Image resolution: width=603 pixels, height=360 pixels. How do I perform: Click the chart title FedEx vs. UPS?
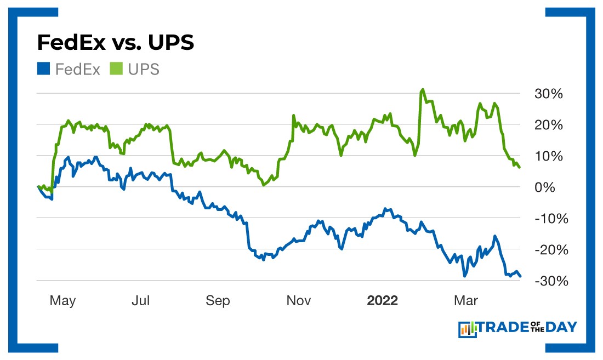point(115,42)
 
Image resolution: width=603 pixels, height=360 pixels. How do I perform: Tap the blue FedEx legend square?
point(43,69)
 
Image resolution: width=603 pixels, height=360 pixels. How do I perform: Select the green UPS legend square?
point(116,69)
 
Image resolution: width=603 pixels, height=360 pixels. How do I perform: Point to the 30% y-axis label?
point(549,94)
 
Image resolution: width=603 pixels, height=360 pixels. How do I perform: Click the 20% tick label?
point(549,125)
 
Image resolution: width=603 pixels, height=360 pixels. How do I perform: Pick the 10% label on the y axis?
point(549,156)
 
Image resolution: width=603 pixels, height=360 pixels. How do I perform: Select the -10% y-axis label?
point(547,218)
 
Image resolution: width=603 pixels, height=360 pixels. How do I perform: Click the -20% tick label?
point(547,249)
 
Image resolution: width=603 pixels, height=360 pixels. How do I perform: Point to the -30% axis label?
point(547,281)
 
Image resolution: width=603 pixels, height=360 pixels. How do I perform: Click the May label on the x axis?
point(62,301)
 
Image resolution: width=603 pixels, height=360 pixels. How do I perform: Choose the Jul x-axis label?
point(141,301)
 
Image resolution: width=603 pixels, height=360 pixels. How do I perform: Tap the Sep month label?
point(218,301)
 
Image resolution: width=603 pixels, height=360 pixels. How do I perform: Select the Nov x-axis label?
point(299,301)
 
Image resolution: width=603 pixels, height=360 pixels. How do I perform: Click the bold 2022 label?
point(383,301)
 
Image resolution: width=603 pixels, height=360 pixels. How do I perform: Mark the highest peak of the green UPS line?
point(422,89)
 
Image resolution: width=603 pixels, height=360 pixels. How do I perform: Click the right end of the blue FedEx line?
point(520,276)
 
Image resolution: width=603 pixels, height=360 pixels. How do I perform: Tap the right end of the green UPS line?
point(519,167)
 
